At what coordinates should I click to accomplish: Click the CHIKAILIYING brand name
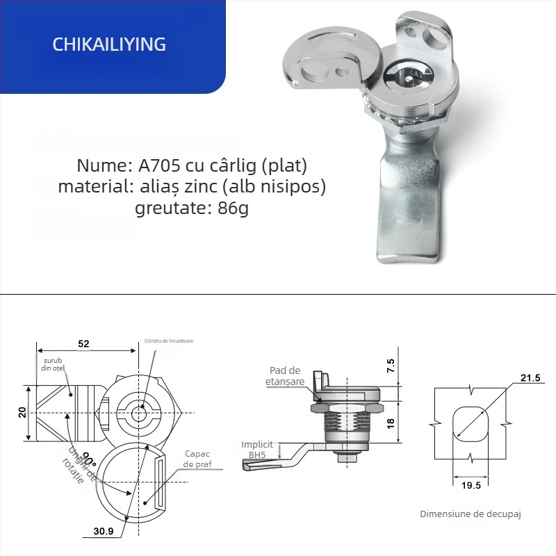(109, 44)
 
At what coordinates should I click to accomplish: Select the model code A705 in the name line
(157, 166)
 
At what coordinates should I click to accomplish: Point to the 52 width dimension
(83, 344)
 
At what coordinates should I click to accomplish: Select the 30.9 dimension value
(105, 532)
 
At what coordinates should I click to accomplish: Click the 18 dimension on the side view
(391, 423)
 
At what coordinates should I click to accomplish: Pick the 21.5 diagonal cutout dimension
(530, 377)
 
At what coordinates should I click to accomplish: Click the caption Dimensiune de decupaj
(471, 514)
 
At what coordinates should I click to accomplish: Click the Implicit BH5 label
(257, 448)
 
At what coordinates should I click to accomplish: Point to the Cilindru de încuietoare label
(169, 341)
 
